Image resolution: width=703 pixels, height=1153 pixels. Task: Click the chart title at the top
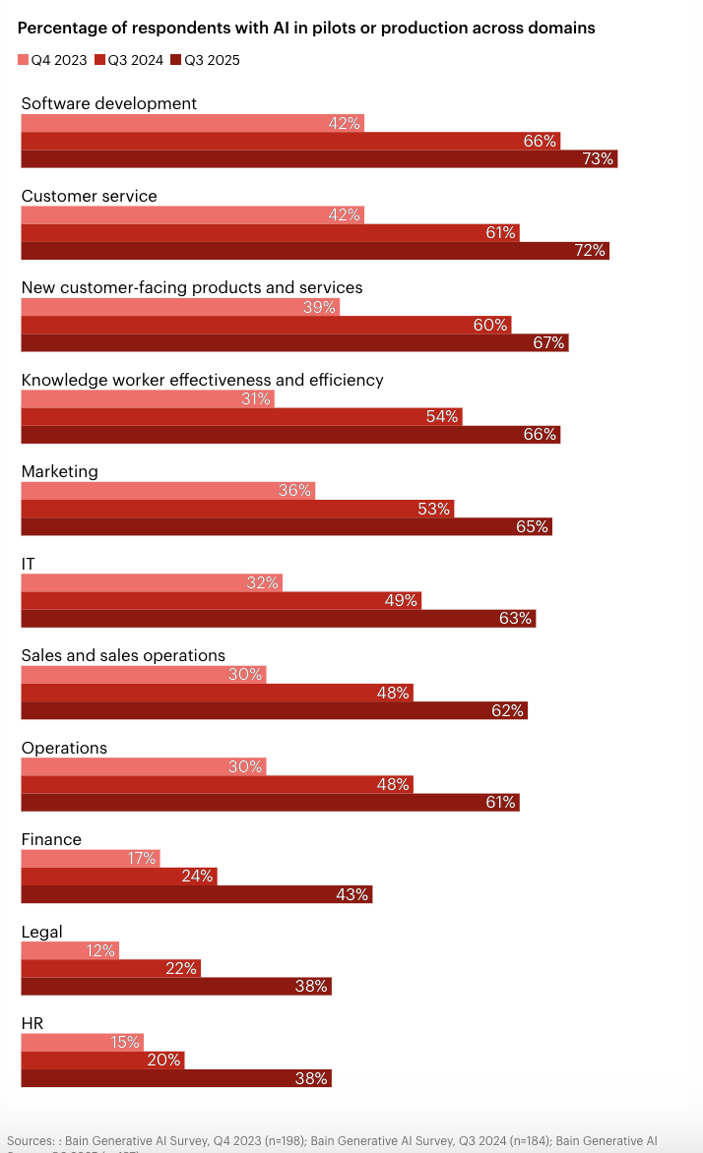click(306, 29)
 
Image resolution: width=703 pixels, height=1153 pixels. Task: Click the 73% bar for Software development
click(319, 158)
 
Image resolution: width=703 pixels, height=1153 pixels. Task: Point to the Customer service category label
click(89, 196)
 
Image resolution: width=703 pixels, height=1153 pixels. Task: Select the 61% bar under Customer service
click(270, 232)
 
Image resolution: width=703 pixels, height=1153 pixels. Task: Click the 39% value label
click(321, 307)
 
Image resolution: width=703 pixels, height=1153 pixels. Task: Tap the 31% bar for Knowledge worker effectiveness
click(147, 398)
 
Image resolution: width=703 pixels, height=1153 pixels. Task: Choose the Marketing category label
click(59, 471)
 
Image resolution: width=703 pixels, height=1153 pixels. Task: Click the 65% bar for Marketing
click(287, 526)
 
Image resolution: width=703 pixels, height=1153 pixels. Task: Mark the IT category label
click(29, 564)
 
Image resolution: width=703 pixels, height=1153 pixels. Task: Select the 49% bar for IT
click(222, 600)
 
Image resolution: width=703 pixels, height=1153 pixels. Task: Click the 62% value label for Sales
click(507, 710)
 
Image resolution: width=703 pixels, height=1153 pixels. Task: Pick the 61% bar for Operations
click(270, 802)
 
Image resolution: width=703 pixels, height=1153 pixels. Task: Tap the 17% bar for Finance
click(90, 858)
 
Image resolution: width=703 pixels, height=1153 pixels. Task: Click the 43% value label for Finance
click(351, 894)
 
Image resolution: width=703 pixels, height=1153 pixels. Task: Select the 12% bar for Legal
click(70, 950)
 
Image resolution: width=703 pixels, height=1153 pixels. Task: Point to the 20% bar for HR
click(102, 1060)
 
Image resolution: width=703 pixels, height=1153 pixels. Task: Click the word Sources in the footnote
click(30, 1139)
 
